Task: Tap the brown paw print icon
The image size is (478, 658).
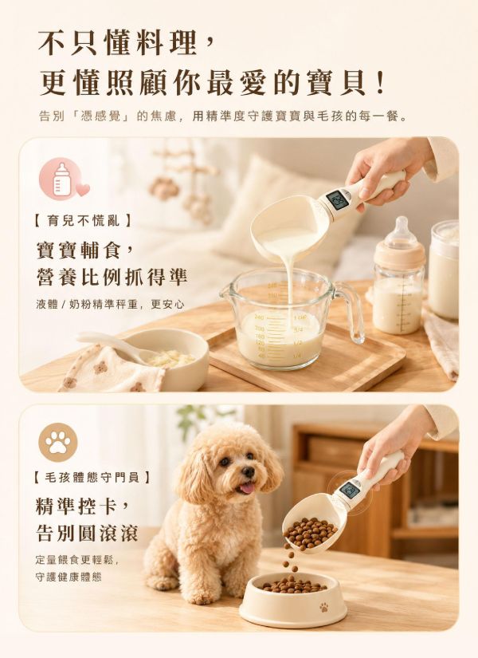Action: (x=58, y=443)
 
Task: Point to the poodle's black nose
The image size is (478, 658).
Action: (x=249, y=471)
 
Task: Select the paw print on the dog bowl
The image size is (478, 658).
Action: (x=323, y=607)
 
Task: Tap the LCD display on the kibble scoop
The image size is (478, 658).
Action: (x=348, y=491)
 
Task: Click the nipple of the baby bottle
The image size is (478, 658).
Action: (x=402, y=229)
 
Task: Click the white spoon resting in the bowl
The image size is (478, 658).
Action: (x=113, y=345)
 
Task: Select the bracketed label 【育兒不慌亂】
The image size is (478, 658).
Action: (x=84, y=220)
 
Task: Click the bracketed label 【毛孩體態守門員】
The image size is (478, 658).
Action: (x=92, y=477)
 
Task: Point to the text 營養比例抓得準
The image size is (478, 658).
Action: (x=112, y=277)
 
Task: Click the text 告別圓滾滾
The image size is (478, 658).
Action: (x=87, y=534)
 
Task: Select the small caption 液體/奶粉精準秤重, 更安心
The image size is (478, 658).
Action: (x=110, y=304)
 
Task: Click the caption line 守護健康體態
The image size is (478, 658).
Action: (x=69, y=577)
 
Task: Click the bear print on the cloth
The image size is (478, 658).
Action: (x=100, y=368)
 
